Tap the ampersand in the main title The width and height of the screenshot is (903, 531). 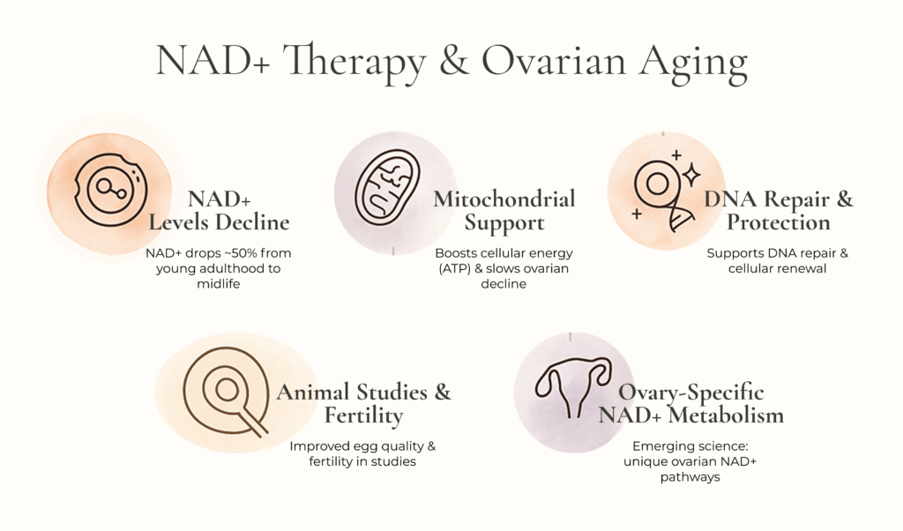454,61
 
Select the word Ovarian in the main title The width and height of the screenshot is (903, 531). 554,61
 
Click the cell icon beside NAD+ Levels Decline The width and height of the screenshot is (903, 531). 110,189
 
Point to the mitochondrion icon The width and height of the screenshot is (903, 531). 388,187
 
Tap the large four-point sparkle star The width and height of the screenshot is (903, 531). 691,175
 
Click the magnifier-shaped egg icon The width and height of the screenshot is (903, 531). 226,391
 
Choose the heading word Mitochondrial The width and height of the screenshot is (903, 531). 504,199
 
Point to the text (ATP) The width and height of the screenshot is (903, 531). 455,268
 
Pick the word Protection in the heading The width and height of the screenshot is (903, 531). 778,223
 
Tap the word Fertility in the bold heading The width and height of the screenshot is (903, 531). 363,415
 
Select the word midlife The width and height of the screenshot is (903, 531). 219,284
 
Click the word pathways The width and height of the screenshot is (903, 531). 690,477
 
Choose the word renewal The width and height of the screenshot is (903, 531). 806,268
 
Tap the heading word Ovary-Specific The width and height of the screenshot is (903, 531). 691,393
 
